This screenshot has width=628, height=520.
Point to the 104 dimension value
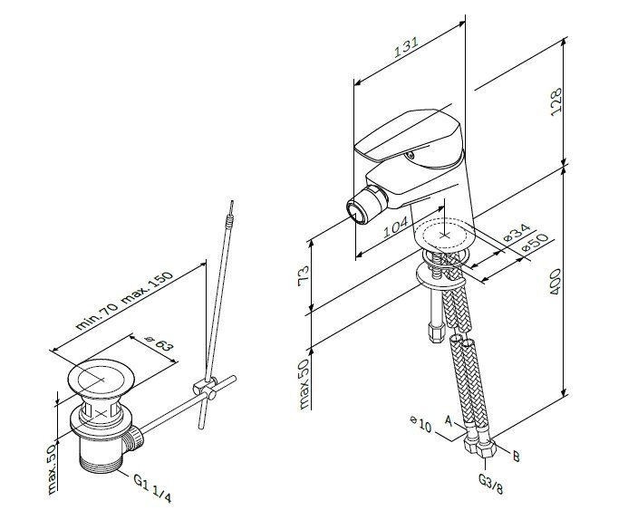click(386, 230)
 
